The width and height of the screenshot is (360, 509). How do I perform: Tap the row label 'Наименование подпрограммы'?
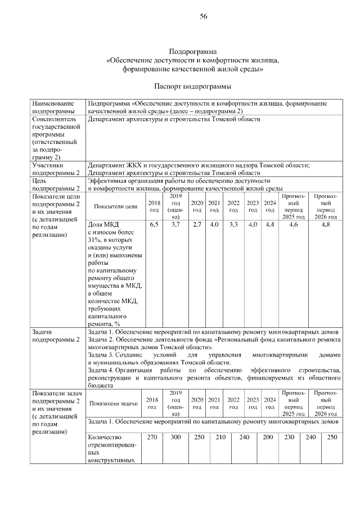53,107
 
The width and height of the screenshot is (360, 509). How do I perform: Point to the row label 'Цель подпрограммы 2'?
56,184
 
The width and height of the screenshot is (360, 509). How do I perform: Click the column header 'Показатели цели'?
116,206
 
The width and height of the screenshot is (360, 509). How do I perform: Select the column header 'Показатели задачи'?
114,403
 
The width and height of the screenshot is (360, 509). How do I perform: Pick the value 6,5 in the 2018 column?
154,225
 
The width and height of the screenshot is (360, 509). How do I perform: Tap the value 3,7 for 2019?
175,225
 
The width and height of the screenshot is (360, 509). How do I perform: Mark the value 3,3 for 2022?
233,225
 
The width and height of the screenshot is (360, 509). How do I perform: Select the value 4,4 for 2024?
269,225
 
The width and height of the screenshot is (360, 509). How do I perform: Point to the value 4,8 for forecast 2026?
326,225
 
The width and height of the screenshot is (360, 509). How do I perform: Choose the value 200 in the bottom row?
268,437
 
